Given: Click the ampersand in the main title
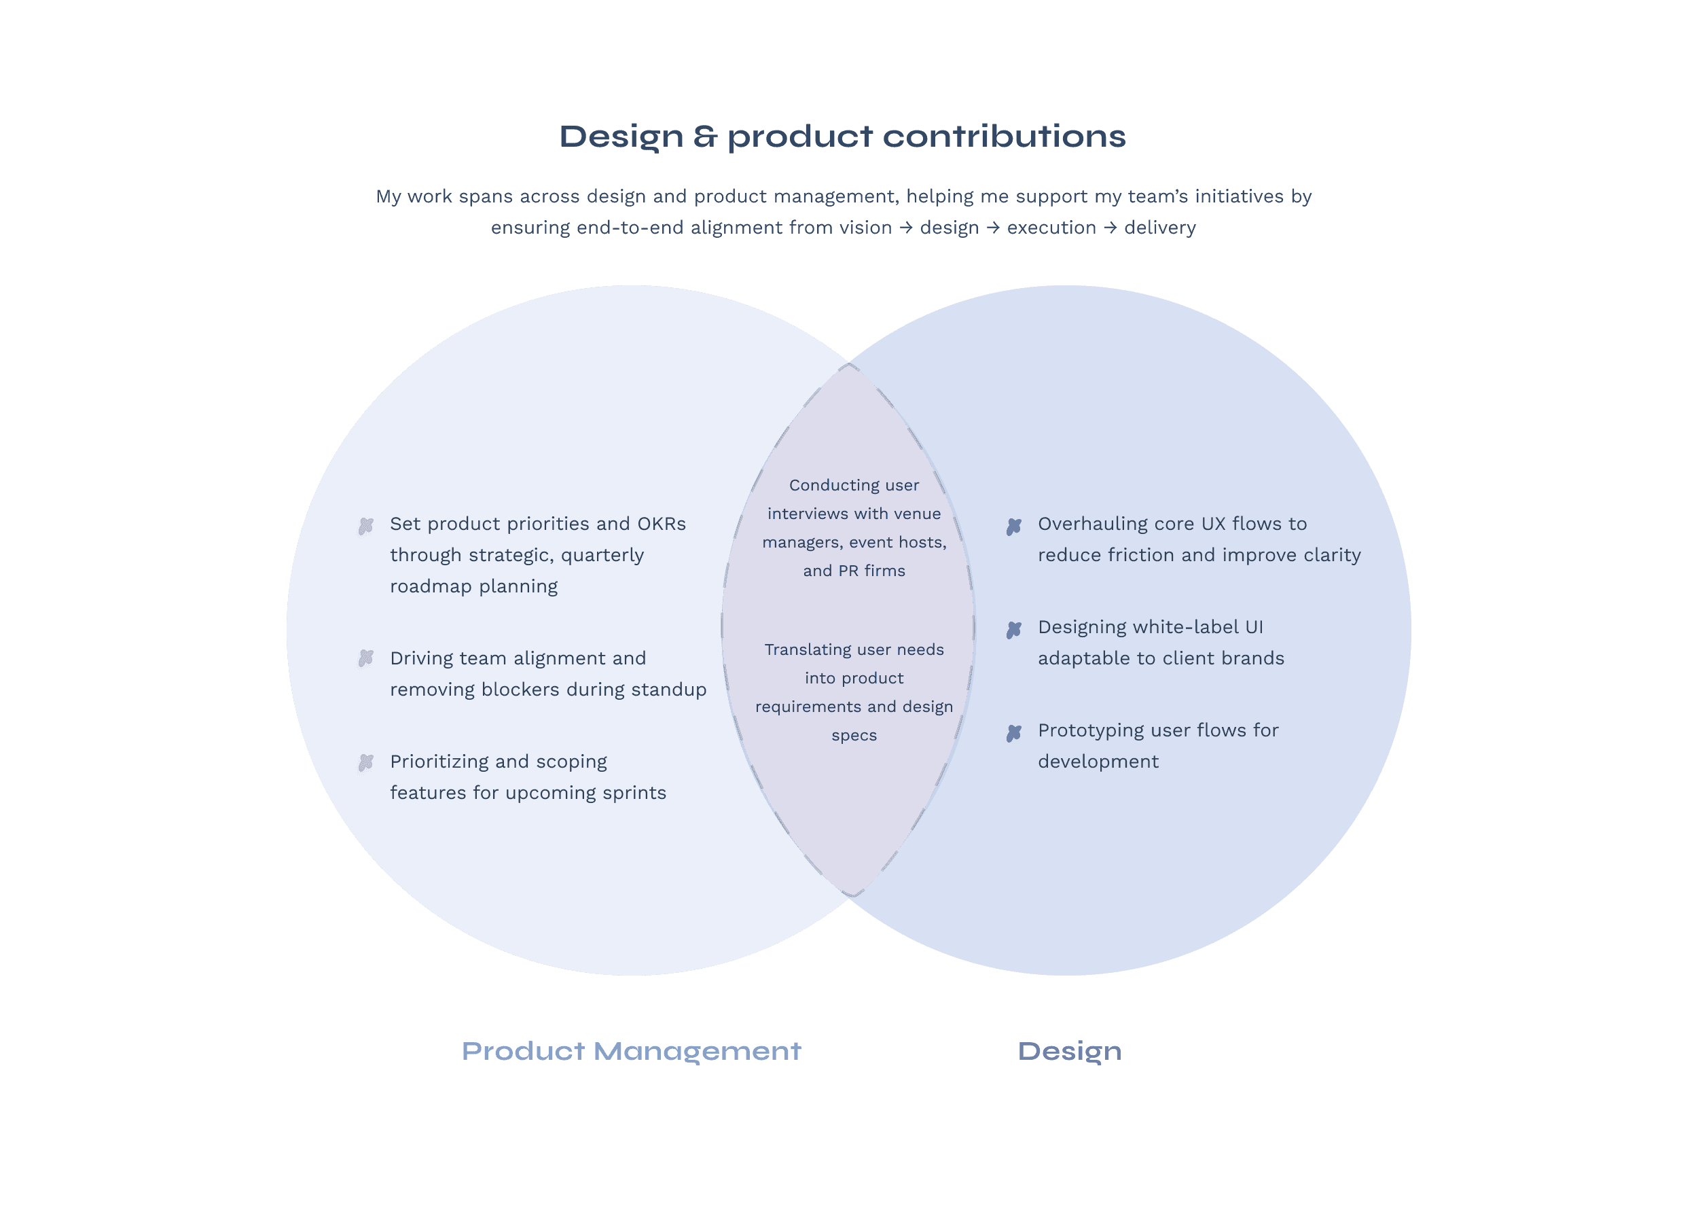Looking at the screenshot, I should (705, 137).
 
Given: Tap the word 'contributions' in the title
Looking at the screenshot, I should (1003, 137).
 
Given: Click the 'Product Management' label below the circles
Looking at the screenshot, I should (631, 1051).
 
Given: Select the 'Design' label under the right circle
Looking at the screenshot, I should (1069, 1051).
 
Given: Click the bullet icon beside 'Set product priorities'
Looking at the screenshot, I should (365, 526).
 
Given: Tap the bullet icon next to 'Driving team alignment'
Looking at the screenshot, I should (365, 658).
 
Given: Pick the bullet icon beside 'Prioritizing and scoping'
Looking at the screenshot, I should (365, 762).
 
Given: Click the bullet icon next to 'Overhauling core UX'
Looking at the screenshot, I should (1013, 526).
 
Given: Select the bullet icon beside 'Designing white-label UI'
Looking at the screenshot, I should (1013, 630).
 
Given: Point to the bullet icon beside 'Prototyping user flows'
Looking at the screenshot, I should (1013, 733).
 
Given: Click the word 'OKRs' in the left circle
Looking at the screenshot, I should (661, 524).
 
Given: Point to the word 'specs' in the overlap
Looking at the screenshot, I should (854, 735).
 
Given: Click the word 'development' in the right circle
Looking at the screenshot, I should (1098, 762).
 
